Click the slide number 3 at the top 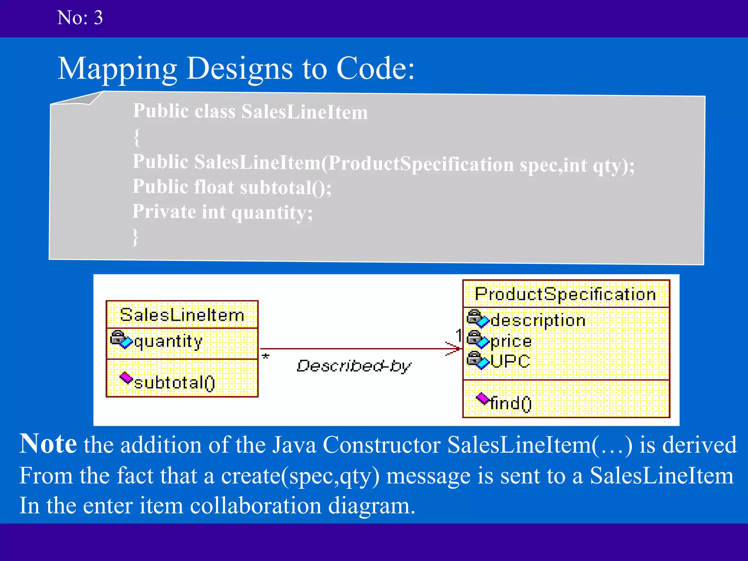[98, 18]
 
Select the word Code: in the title [375, 69]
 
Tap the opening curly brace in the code [137, 137]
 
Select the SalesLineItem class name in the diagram [182, 315]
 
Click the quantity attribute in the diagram [168, 341]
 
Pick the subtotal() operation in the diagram [175, 383]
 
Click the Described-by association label [354, 366]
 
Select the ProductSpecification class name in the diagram [565, 294]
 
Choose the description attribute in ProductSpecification [538, 320]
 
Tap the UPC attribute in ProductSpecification [510, 361]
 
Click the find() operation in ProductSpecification [511, 403]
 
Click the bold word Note [48, 444]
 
